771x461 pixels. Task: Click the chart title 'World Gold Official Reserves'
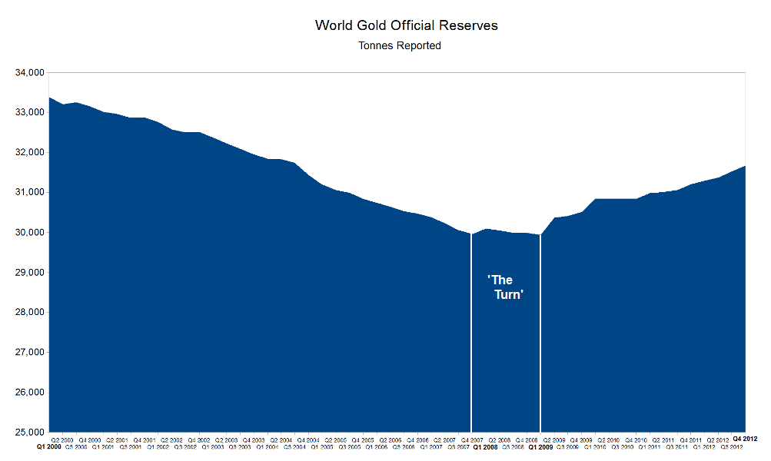coord(406,25)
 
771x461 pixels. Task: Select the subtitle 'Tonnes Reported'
coord(400,46)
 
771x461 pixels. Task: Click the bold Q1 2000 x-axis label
coord(49,446)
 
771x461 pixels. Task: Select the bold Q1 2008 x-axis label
coord(486,446)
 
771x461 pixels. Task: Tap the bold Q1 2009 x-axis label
coord(540,446)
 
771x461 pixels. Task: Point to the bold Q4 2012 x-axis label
coord(745,438)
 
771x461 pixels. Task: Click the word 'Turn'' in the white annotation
coord(508,295)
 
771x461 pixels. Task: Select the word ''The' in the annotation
coord(500,280)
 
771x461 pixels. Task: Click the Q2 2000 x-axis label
coord(63,439)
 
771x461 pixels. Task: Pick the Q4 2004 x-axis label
coord(307,439)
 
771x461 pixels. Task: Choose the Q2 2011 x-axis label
coord(663,439)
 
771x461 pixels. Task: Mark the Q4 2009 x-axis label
coord(580,439)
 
